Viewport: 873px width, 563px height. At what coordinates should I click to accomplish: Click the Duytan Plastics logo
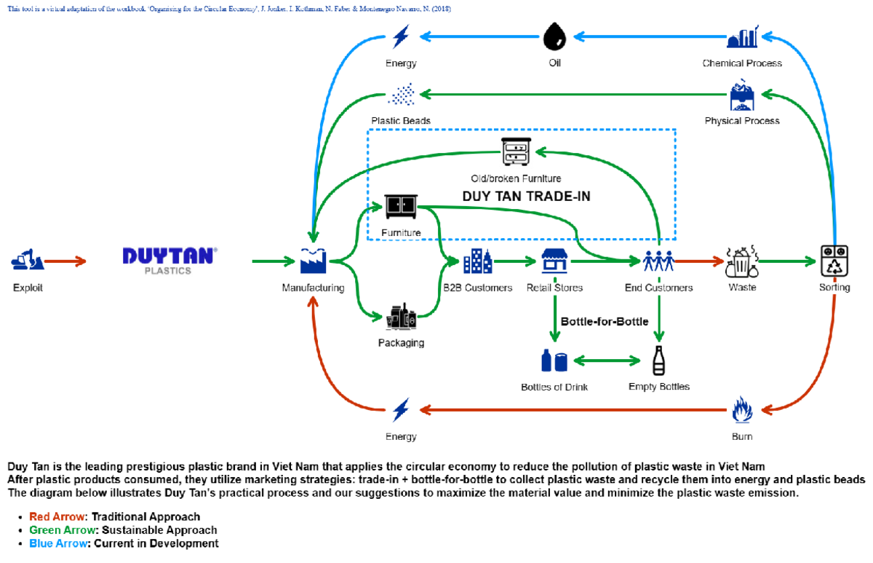(169, 260)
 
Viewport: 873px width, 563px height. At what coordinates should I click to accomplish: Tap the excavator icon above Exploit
(28, 259)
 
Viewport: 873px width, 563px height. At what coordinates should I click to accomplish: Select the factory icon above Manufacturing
(313, 260)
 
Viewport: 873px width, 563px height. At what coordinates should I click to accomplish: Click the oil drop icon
(554, 35)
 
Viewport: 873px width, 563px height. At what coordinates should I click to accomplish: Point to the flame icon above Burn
(741, 410)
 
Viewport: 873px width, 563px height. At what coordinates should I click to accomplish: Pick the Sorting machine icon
(834, 260)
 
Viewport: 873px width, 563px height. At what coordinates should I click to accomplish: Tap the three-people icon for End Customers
(658, 260)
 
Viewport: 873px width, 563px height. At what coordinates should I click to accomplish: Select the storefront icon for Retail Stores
(554, 260)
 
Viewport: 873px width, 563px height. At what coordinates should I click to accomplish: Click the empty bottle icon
(658, 360)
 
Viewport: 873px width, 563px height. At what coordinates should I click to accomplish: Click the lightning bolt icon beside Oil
(401, 36)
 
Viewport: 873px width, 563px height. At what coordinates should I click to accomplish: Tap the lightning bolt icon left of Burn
(401, 410)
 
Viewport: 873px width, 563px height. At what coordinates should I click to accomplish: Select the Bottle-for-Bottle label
(605, 321)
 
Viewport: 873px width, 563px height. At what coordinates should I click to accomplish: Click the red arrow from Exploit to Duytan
(65, 260)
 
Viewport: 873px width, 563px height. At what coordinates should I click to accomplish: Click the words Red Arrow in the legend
(57, 517)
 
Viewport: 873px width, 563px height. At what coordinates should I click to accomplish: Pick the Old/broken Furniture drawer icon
(516, 152)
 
